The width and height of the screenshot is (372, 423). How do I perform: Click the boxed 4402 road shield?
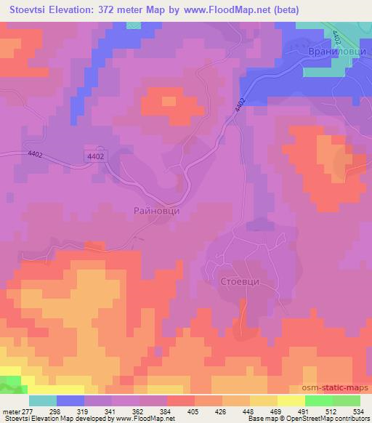[95, 156]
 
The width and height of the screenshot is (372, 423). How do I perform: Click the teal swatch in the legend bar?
[43, 400]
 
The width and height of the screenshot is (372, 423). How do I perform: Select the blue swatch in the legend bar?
[70, 400]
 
